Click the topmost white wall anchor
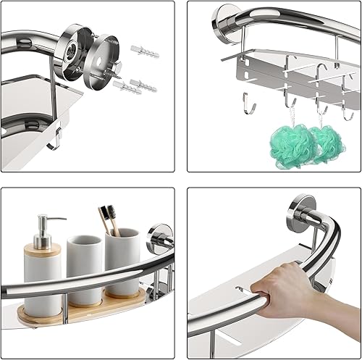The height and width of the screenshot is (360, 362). pyautogui.click(x=139, y=50)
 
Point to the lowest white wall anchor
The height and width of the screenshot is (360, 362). pyautogui.click(x=128, y=89)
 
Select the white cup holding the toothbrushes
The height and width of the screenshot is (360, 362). pyautogui.click(x=122, y=261)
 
